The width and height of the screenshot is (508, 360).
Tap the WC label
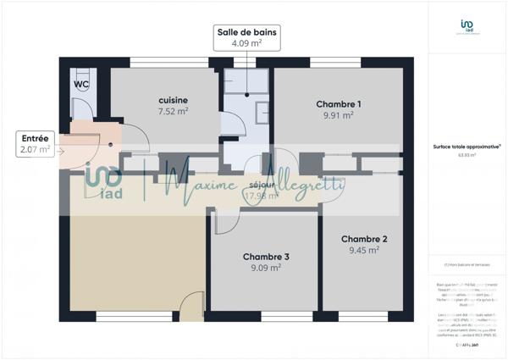coord(81,85)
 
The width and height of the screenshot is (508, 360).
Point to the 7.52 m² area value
coord(173,111)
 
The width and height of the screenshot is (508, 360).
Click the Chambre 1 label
coord(339,104)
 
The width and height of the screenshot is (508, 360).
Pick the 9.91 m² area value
coord(339,116)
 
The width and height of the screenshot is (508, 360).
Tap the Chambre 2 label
coord(363,238)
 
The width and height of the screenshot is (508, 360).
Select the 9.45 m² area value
coord(363,250)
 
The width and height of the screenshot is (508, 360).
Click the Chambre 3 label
coord(266,257)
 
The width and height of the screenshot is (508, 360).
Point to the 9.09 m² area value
coord(266,269)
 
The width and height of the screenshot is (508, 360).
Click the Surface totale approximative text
coord(464,147)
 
